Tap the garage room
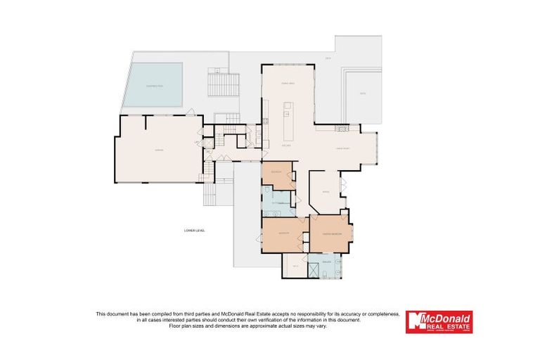(x=158, y=150)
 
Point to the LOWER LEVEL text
(x=193, y=230)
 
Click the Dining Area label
(x=288, y=83)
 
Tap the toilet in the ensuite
(x=338, y=270)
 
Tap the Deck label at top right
(x=328, y=58)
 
